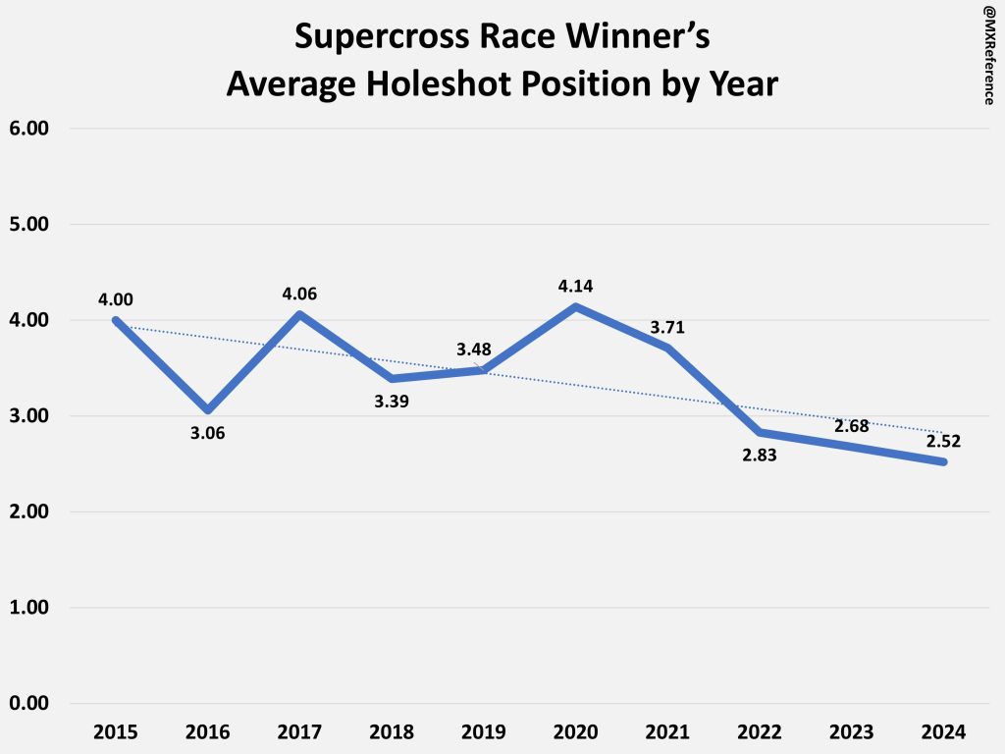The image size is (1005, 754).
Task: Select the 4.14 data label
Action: pos(576,287)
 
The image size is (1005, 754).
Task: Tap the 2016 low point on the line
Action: pos(207,409)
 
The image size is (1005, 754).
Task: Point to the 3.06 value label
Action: pos(207,433)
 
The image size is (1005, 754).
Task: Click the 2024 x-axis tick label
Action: pos(945,732)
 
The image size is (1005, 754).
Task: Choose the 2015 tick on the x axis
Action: pos(115,732)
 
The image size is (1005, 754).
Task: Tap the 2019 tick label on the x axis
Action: pos(484,732)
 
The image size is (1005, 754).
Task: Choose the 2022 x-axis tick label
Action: pos(761,732)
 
